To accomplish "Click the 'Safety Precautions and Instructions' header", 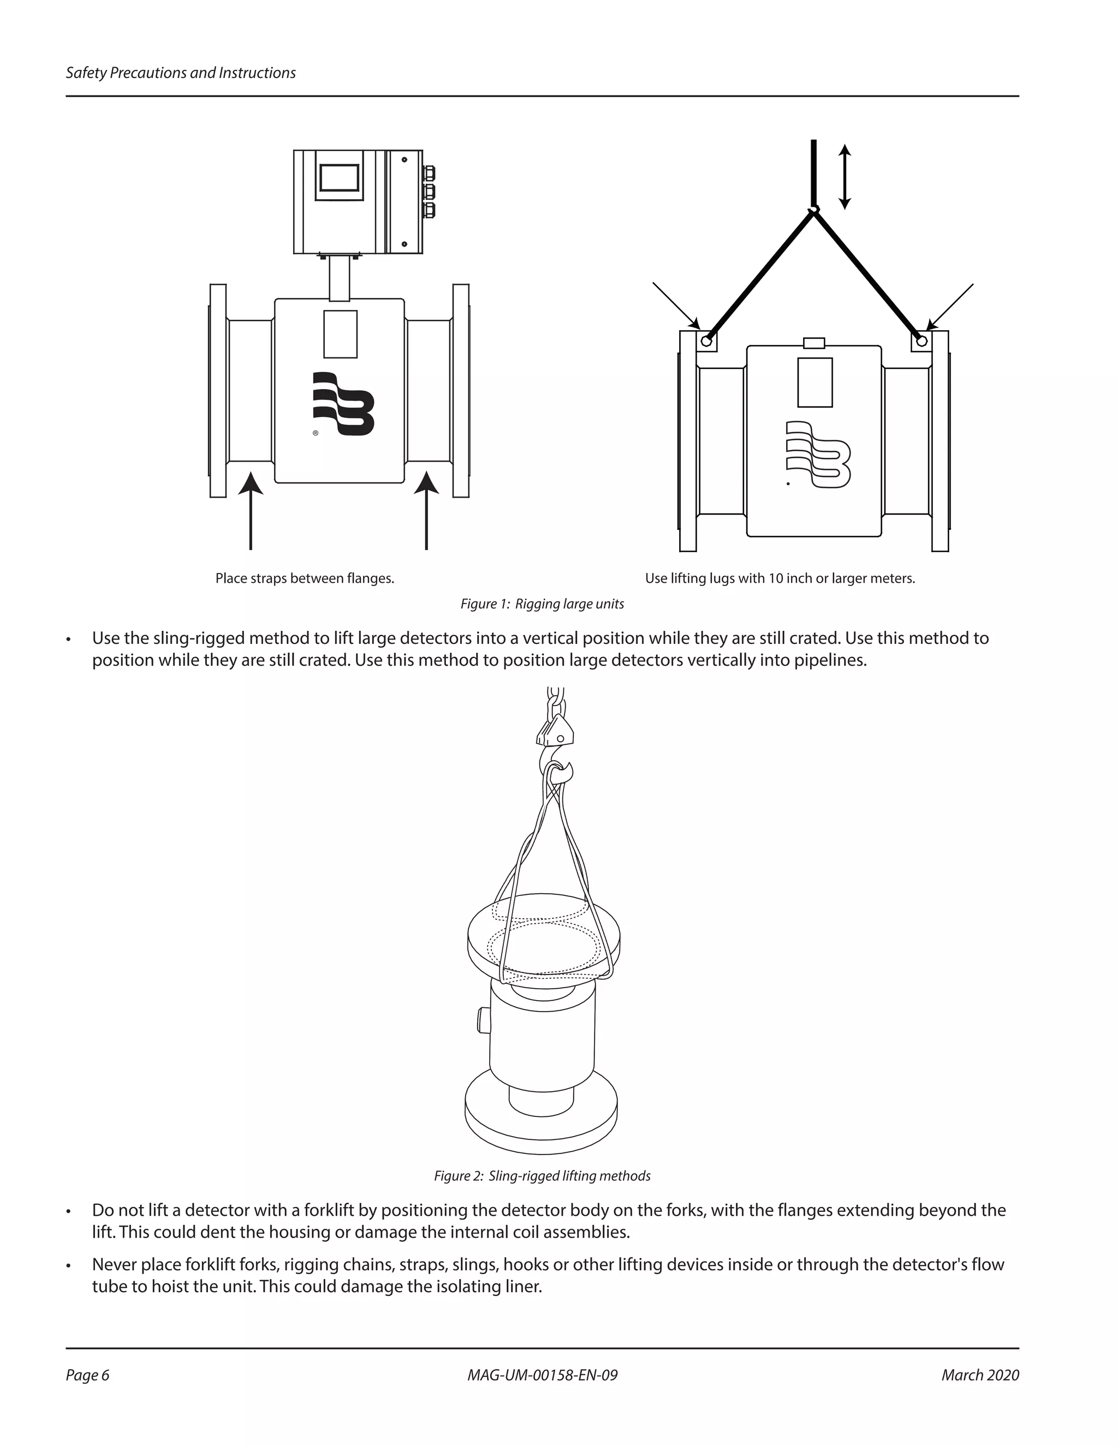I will (x=180, y=73).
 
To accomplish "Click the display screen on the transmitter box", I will (x=339, y=177).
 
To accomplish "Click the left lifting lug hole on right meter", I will (x=707, y=342).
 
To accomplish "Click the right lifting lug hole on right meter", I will (x=921, y=342).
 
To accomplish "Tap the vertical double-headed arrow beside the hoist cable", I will (x=844, y=177).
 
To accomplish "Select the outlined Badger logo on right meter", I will (x=817, y=455).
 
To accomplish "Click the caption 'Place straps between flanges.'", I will (x=305, y=578).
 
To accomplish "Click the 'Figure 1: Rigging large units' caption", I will (x=542, y=604).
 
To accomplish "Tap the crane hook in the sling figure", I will (x=555, y=761).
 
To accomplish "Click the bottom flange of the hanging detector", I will (x=541, y=1119).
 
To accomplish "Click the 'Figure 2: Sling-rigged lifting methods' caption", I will (x=542, y=1176).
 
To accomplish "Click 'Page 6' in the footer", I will (x=87, y=1375).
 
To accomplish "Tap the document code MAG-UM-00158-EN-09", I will (x=542, y=1375).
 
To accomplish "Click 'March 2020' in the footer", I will (x=979, y=1375).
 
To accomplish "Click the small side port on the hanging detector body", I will (x=481, y=1019).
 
